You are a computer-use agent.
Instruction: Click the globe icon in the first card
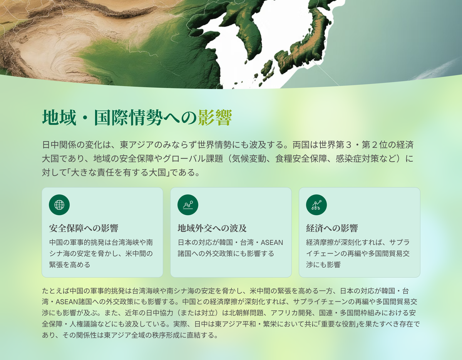59,205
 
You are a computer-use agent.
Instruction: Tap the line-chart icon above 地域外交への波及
188,205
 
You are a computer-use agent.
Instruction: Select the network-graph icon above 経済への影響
316,205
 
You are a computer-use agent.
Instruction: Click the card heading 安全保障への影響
84,228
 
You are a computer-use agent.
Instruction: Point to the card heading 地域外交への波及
212,228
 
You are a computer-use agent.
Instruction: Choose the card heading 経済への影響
332,228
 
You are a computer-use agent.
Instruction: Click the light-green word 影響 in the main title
215,117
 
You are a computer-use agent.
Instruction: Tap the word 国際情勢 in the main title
129,117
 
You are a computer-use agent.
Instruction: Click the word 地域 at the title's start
59,117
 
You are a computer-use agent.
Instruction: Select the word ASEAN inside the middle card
272,243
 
